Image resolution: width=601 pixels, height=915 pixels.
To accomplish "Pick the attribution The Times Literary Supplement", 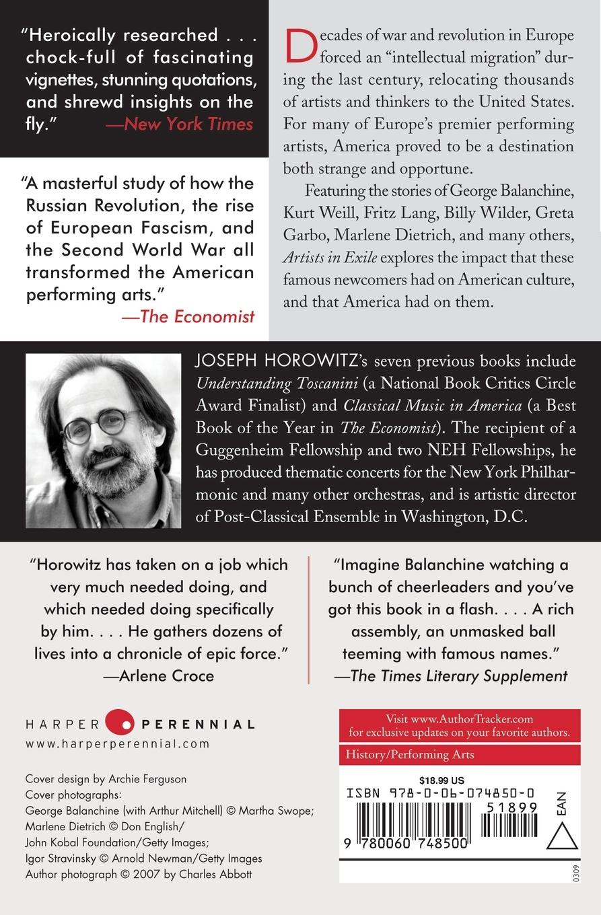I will [x=451, y=676].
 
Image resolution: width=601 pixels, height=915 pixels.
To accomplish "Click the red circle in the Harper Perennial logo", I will [x=120, y=724].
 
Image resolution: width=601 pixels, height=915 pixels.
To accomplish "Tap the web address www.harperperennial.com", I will [x=118, y=744].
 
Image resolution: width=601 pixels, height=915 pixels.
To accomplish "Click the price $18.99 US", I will [x=441, y=780].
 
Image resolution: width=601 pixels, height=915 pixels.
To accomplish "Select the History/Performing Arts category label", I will [x=410, y=754].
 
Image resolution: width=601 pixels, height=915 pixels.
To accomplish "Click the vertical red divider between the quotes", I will [x=308, y=619].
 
